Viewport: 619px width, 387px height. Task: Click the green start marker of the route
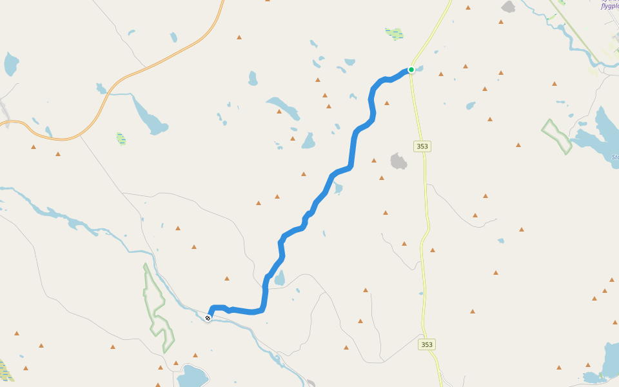point(411,70)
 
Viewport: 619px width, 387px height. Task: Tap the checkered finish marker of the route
point(208,318)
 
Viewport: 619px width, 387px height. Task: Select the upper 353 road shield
point(422,146)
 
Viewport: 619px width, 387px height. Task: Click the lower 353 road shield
point(426,344)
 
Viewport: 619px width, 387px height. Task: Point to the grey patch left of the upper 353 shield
point(399,161)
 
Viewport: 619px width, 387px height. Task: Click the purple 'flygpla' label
point(609,6)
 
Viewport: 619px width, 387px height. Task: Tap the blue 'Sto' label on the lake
point(614,157)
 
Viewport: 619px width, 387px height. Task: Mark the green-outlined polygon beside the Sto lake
point(556,136)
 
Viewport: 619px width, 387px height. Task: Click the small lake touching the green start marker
point(418,68)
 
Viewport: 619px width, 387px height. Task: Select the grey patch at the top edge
point(509,7)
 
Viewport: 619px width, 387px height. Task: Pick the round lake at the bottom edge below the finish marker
point(192,376)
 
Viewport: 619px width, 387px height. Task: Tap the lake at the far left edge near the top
point(11,63)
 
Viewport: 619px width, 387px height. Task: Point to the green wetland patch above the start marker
point(394,33)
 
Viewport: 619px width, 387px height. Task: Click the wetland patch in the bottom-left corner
point(5,370)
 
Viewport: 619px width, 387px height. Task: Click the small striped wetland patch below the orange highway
point(121,138)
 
